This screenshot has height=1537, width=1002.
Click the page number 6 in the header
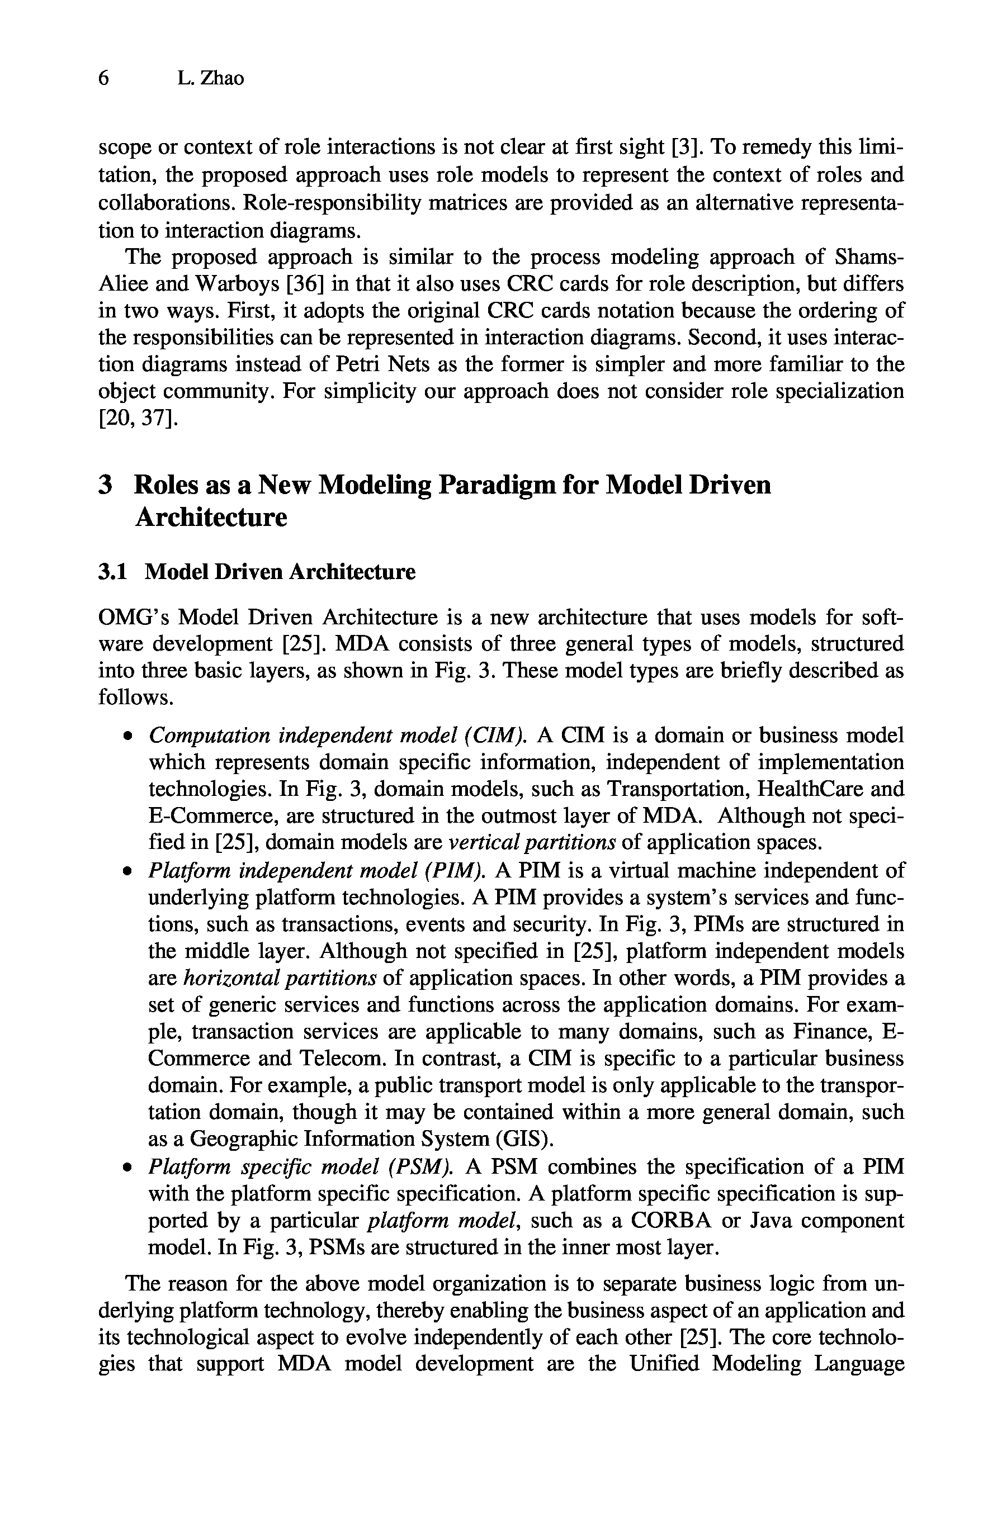pyautogui.click(x=103, y=79)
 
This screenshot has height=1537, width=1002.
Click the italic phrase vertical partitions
pyautogui.click(x=531, y=843)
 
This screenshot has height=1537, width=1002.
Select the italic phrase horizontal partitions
pyautogui.click(x=280, y=979)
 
